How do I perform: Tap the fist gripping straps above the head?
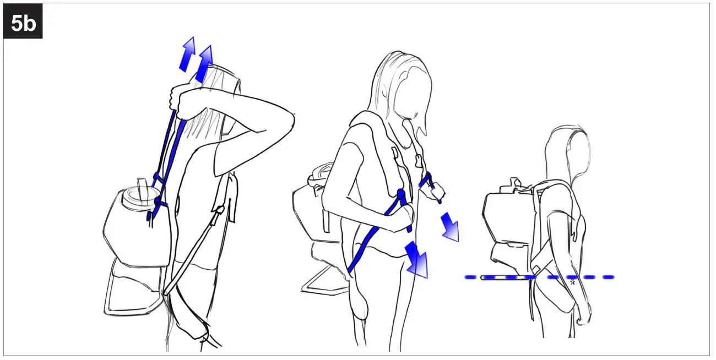(179, 99)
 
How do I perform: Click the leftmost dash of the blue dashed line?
(471, 277)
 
